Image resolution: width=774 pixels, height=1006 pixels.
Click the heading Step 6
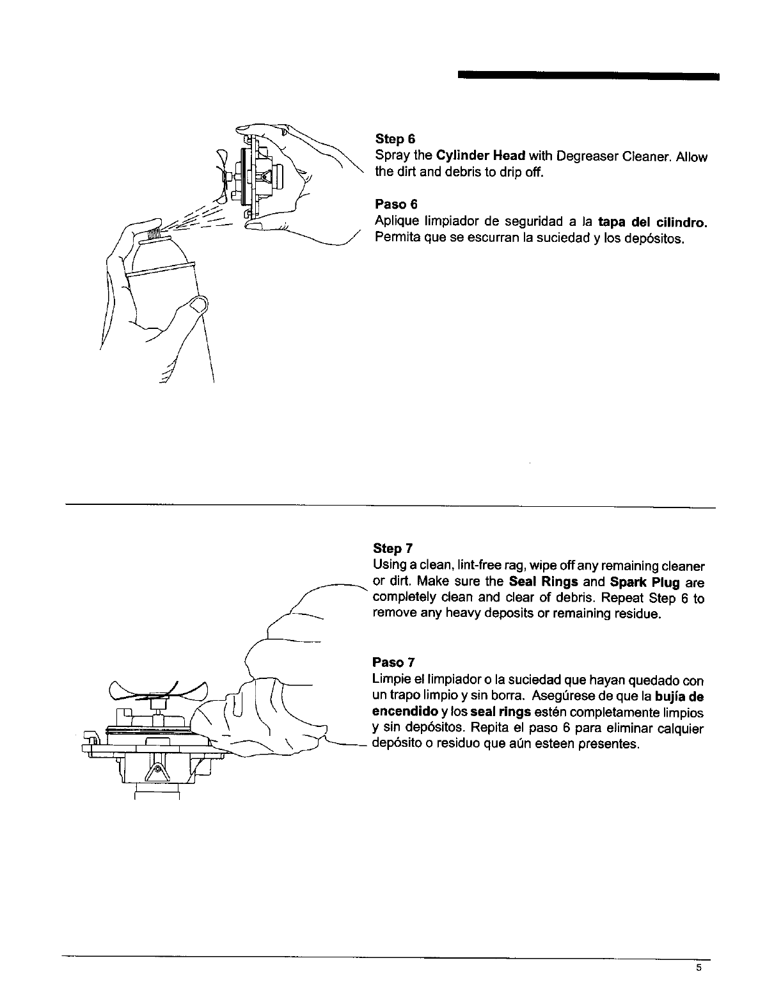[x=395, y=139]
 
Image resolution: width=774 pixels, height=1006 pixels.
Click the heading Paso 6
[x=395, y=204]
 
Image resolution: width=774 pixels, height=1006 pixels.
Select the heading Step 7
[x=392, y=548]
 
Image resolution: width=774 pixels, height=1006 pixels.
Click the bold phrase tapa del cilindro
[x=653, y=223]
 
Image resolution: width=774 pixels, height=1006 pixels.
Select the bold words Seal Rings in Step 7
[x=544, y=582]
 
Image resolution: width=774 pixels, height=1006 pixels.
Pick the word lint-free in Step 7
[x=457, y=566]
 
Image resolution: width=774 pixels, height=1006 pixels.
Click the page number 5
[x=699, y=968]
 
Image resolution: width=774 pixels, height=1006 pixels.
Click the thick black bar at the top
[x=588, y=76]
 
